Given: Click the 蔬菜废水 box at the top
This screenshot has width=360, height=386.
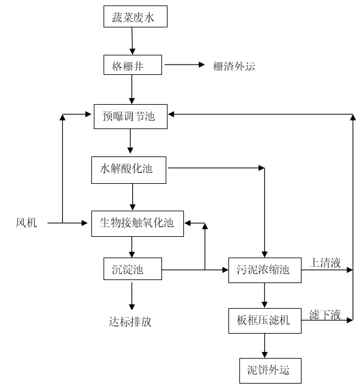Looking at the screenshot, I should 135,17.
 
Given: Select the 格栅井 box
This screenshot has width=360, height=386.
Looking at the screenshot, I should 132,65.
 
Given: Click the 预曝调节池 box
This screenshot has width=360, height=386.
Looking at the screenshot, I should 131,116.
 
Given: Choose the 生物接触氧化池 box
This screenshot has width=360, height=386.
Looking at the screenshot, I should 137,223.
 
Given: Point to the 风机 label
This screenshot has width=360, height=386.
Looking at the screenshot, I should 26,223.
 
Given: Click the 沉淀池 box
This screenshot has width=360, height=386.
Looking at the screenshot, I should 132,268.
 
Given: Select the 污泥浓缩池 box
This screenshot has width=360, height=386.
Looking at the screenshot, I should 264,269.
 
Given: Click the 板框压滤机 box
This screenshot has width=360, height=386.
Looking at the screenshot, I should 264,319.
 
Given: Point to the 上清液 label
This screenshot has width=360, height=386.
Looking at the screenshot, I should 325,262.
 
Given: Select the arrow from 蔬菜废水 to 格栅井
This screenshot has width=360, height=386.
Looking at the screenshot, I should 132,41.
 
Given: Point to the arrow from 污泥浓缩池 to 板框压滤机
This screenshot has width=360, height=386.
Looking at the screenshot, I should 264,295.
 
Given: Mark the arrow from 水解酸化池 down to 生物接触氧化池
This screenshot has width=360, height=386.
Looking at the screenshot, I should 132,195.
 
